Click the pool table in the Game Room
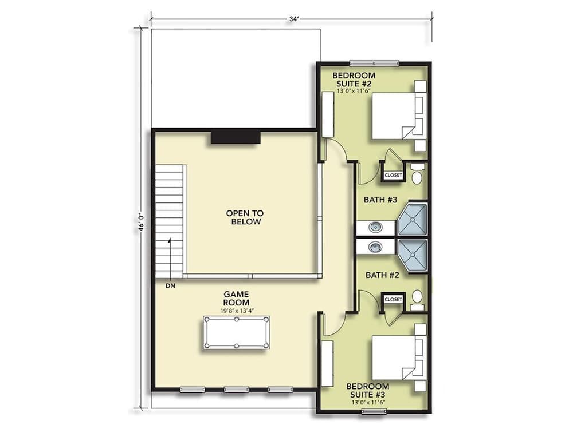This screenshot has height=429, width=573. pos(237,332)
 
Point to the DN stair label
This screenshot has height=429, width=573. pos(170,285)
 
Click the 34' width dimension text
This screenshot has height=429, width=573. pos(294,19)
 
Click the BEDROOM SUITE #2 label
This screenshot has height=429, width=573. pos(354,80)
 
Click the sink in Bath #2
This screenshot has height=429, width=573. pos(375,247)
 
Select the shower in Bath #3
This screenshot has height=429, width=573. pos(413,219)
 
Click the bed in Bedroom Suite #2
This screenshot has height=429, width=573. pos(395,116)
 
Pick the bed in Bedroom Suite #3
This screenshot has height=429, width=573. pos(395,358)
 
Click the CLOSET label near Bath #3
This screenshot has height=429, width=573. pos(394,175)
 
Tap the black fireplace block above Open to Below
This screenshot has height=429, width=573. pos(236,137)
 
